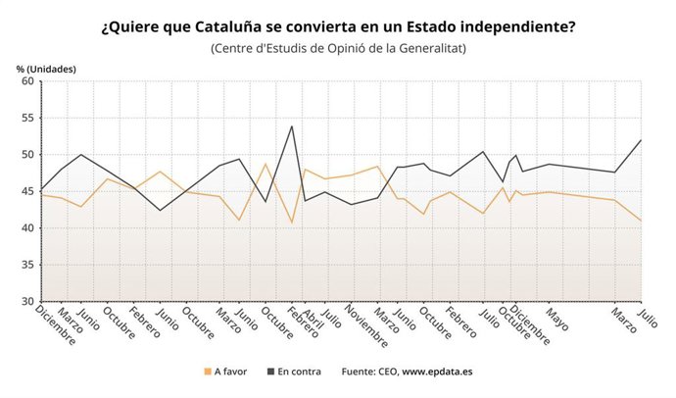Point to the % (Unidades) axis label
(x=45, y=68)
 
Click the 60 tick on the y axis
(x=28, y=81)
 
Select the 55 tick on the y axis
(x=28, y=118)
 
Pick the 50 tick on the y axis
(x=28, y=155)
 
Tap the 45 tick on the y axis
(x=28, y=191)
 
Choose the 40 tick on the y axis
(x=28, y=228)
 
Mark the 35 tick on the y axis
(x=28, y=265)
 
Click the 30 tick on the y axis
(x=28, y=301)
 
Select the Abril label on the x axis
(x=315, y=318)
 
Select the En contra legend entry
(x=296, y=373)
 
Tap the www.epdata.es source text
(x=438, y=373)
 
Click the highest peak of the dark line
(x=292, y=125)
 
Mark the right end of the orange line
(x=642, y=221)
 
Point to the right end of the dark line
(x=642, y=140)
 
